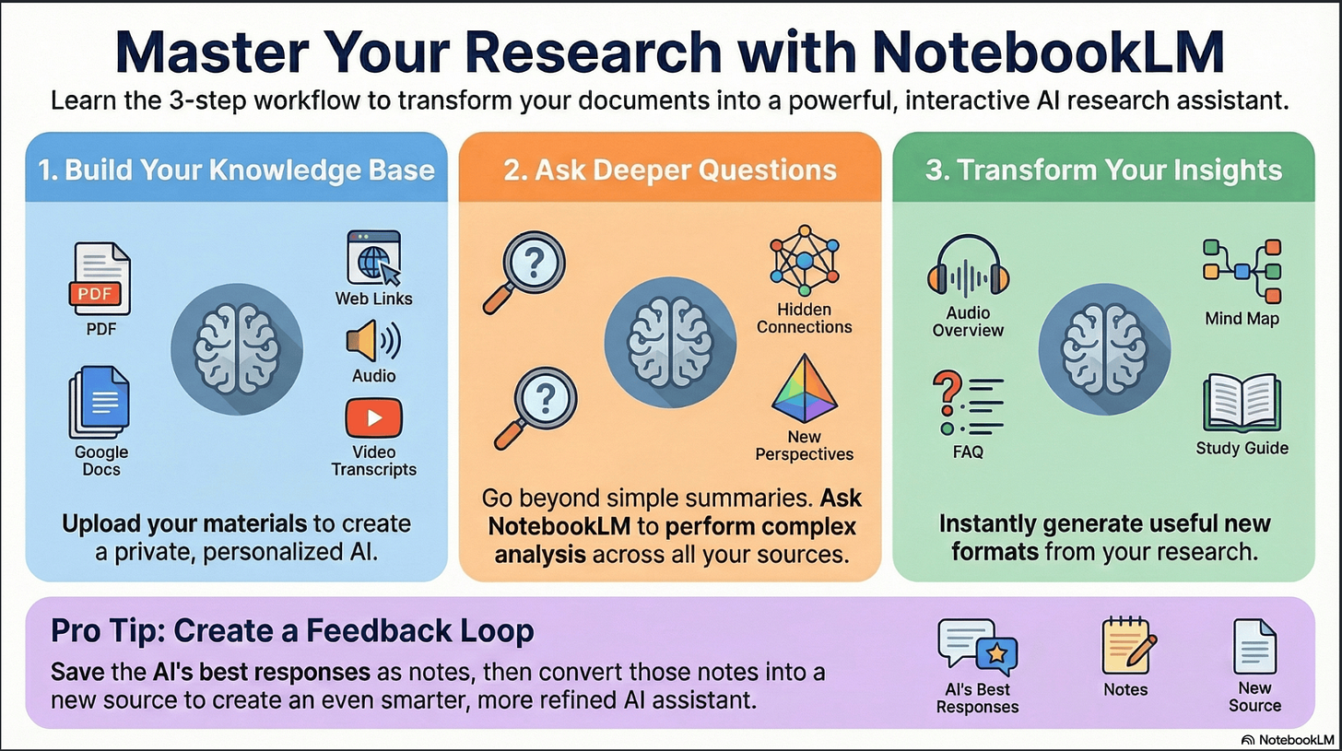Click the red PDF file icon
pos(100,278)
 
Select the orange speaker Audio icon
pos(373,341)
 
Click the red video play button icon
pos(374,418)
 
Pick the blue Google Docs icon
pos(100,403)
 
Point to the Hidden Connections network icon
pos(805,261)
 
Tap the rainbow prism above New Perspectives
pos(804,388)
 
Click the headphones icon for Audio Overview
pos(968,265)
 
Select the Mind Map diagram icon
pos(1242,271)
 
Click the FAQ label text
pos(968,452)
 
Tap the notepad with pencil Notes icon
pos(1128,646)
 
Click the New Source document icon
pos(1254,647)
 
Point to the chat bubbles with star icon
pos(977,648)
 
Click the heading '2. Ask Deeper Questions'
pos(670,170)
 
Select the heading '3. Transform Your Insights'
pos(1103,170)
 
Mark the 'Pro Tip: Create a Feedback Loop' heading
pos(292,630)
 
